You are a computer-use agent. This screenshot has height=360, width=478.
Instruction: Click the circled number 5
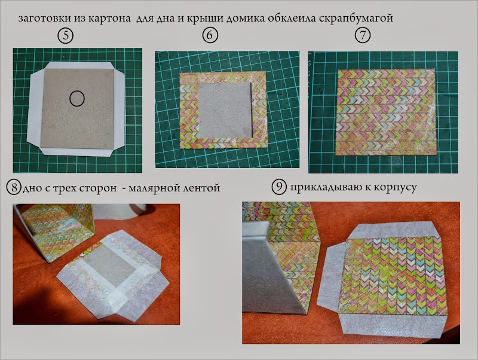click(66, 36)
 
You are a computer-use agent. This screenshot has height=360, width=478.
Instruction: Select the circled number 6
click(210, 35)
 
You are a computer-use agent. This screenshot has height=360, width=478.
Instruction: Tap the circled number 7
click(363, 35)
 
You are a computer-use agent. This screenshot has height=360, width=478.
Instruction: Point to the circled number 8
click(14, 187)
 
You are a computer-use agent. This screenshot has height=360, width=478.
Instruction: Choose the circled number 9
click(279, 187)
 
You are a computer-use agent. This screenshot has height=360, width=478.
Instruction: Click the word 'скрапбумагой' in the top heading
click(356, 19)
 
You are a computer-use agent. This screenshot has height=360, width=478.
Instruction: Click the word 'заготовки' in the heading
click(45, 19)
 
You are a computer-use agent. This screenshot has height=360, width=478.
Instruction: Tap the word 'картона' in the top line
click(109, 19)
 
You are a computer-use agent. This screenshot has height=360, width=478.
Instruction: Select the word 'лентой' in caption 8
click(201, 187)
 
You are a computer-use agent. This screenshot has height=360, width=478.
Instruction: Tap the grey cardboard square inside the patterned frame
click(225, 110)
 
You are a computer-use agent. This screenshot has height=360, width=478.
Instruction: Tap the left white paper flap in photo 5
click(35, 108)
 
